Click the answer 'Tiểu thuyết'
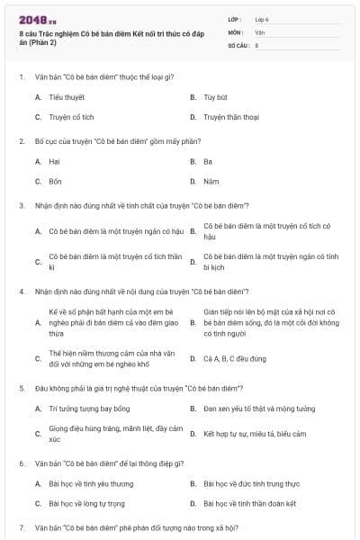tap(67, 96)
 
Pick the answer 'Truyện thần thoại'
tap(231, 117)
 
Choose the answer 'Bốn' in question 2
tap(56, 181)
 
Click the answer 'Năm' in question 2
tap(211, 181)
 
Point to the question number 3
tap(21, 205)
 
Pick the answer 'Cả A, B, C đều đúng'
tap(235, 358)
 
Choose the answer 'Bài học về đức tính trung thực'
tap(251, 483)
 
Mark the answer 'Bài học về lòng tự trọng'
tap(87, 503)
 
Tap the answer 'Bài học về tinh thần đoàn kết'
tap(251, 503)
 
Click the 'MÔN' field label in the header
tap(235, 31)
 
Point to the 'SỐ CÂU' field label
tap(238, 44)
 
